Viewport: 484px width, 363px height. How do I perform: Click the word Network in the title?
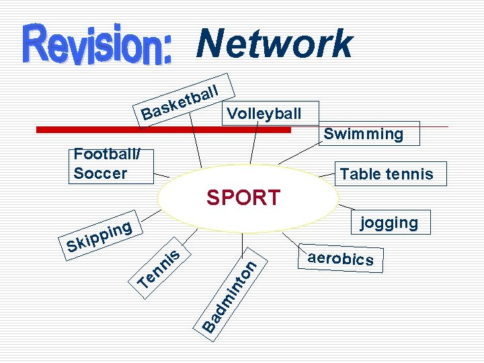point(274,44)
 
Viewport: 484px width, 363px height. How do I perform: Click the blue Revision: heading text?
point(99,45)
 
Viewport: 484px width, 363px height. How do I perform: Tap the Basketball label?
point(182,100)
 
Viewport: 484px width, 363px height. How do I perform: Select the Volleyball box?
point(264,113)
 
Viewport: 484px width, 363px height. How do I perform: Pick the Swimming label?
point(363,134)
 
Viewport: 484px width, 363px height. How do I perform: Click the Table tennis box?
point(387,175)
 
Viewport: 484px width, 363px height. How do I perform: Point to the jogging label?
point(389,223)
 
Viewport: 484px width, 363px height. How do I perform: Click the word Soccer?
point(100,173)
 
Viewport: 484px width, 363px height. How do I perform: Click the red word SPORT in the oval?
point(243,198)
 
